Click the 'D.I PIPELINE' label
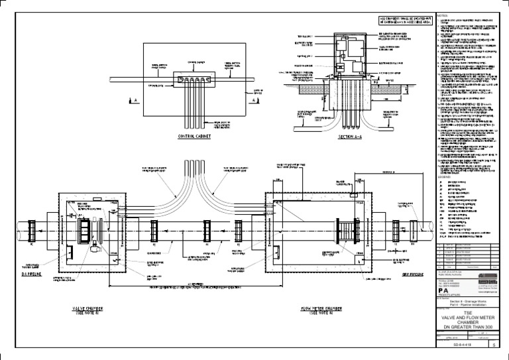coord(32,273)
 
